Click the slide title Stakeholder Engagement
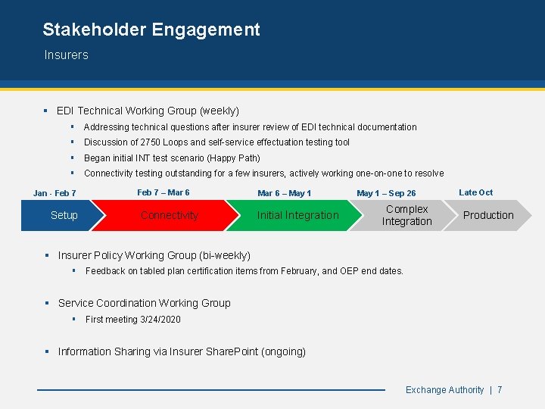[151, 30]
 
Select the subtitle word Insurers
[66, 55]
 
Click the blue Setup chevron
[64, 215]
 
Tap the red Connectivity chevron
[170, 215]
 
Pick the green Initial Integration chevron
[297, 215]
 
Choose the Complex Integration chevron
[406, 215]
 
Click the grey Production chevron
[488, 215]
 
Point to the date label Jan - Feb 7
[54, 194]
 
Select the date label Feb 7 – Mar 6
[163, 192]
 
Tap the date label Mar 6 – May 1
[284, 194]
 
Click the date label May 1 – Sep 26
[386, 194]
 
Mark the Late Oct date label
[475, 192]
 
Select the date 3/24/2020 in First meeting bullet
[160, 320]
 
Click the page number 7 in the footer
[500, 390]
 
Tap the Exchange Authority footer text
[444, 390]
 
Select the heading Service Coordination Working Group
[145, 303]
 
